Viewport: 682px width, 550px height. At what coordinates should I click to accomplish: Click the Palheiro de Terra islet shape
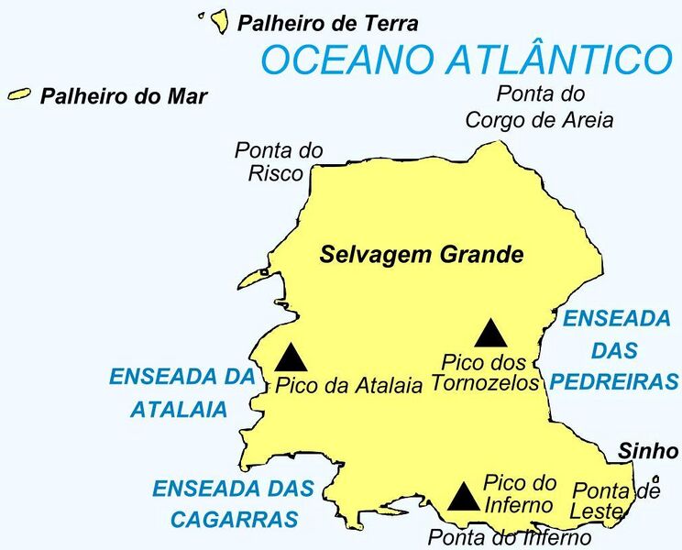pos(219,20)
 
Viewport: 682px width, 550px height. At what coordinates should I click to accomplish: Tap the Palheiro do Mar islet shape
pos(19,93)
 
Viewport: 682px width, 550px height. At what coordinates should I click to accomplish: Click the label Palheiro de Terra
pos(327,24)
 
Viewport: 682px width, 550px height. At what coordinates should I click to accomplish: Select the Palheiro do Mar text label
pos(124,96)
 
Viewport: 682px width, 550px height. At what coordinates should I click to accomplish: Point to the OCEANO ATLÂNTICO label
pos(467,60)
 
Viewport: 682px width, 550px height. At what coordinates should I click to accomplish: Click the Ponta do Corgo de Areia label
pos(539,106)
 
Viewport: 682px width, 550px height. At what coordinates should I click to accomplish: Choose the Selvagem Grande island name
pos(421,254)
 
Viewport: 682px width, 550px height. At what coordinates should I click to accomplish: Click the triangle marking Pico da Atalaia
pos(291,357)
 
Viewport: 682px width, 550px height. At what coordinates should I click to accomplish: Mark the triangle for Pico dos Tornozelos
pos(489,334)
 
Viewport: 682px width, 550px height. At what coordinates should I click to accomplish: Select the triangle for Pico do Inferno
pos(464,497)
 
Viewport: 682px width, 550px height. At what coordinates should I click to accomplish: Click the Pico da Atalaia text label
pos(348,386)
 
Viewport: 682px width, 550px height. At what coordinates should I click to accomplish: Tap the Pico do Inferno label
pos(520,493)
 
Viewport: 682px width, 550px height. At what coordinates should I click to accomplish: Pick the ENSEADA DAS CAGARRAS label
pos(232,503)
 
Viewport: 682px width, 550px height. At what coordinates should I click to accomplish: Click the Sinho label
pos(648,450)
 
